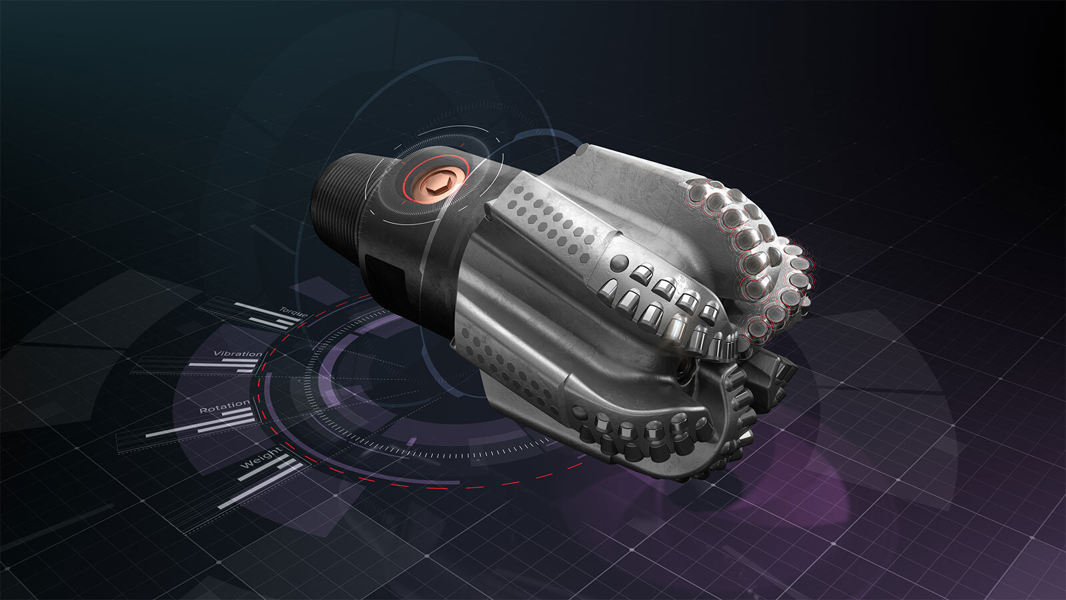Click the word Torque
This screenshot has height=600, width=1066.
293,312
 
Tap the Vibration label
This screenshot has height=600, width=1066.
237,353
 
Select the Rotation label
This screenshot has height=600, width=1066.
225,407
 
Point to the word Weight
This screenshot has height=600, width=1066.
259,460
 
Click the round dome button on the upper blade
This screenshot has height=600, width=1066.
619,261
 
